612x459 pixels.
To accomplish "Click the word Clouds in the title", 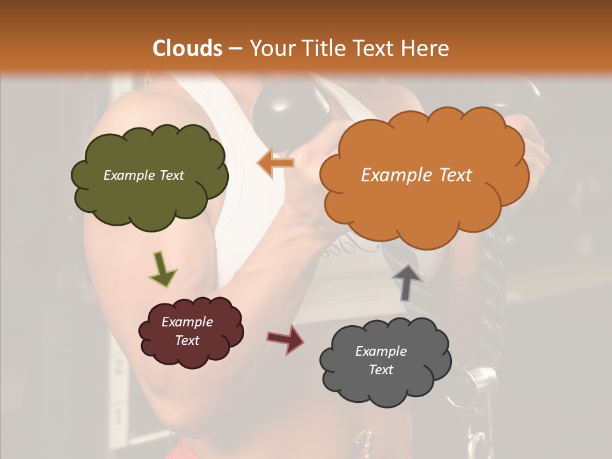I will pyautogui.click(x=187, y=48).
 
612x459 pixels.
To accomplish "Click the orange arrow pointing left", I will pyautogui.click(x=275, y=163).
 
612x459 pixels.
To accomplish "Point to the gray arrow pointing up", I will pyautogui.click(x=407, y=281).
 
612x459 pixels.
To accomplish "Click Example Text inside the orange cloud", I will pyautogui.click(x=416, y=175).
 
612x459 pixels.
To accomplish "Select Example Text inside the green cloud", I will pyautogui.click(x=143, y=175).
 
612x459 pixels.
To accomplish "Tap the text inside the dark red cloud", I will pyautogui.click(x=187, y=331).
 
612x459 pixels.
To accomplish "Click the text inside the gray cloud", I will pyautogui.click(x=381, y=360).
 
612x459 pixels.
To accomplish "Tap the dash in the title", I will pyautogui.click(x=235, y=48).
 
